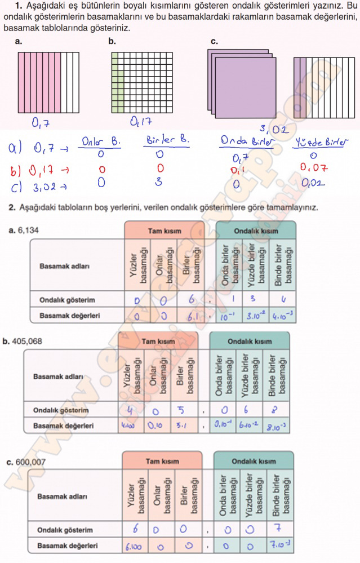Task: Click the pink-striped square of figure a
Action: [48, 83]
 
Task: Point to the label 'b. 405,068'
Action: [23, 341]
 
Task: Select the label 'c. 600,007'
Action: [26, 462]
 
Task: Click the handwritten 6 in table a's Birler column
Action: [192, 300]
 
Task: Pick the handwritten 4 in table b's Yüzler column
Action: [130, 410]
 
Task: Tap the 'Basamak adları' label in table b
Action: [56, 376]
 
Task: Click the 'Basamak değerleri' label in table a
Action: [70, 316]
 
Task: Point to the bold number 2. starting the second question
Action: [11, 208]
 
